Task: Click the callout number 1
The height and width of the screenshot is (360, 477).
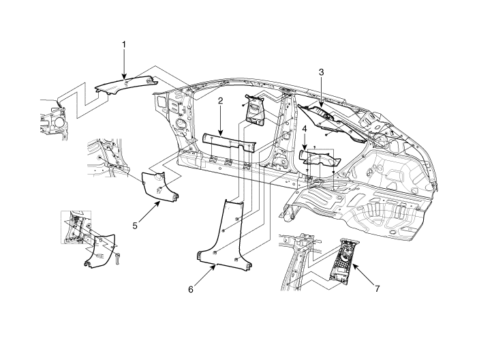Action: [x=123, y=44]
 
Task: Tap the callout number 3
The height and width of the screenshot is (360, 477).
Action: [x=321, y=72]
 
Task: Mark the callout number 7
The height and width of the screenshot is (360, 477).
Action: [x=378, y=288]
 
